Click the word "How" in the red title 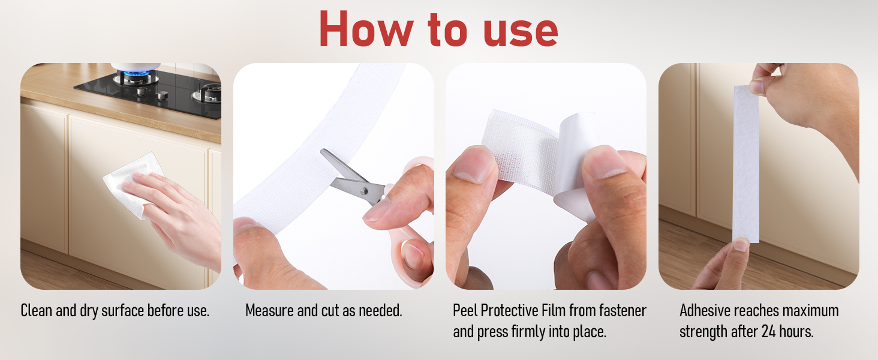coord(366,29)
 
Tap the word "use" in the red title coord(521,32)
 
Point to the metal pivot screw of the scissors coord(364,191)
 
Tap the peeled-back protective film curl coord(576,165)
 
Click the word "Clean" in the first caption coord(36,311)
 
